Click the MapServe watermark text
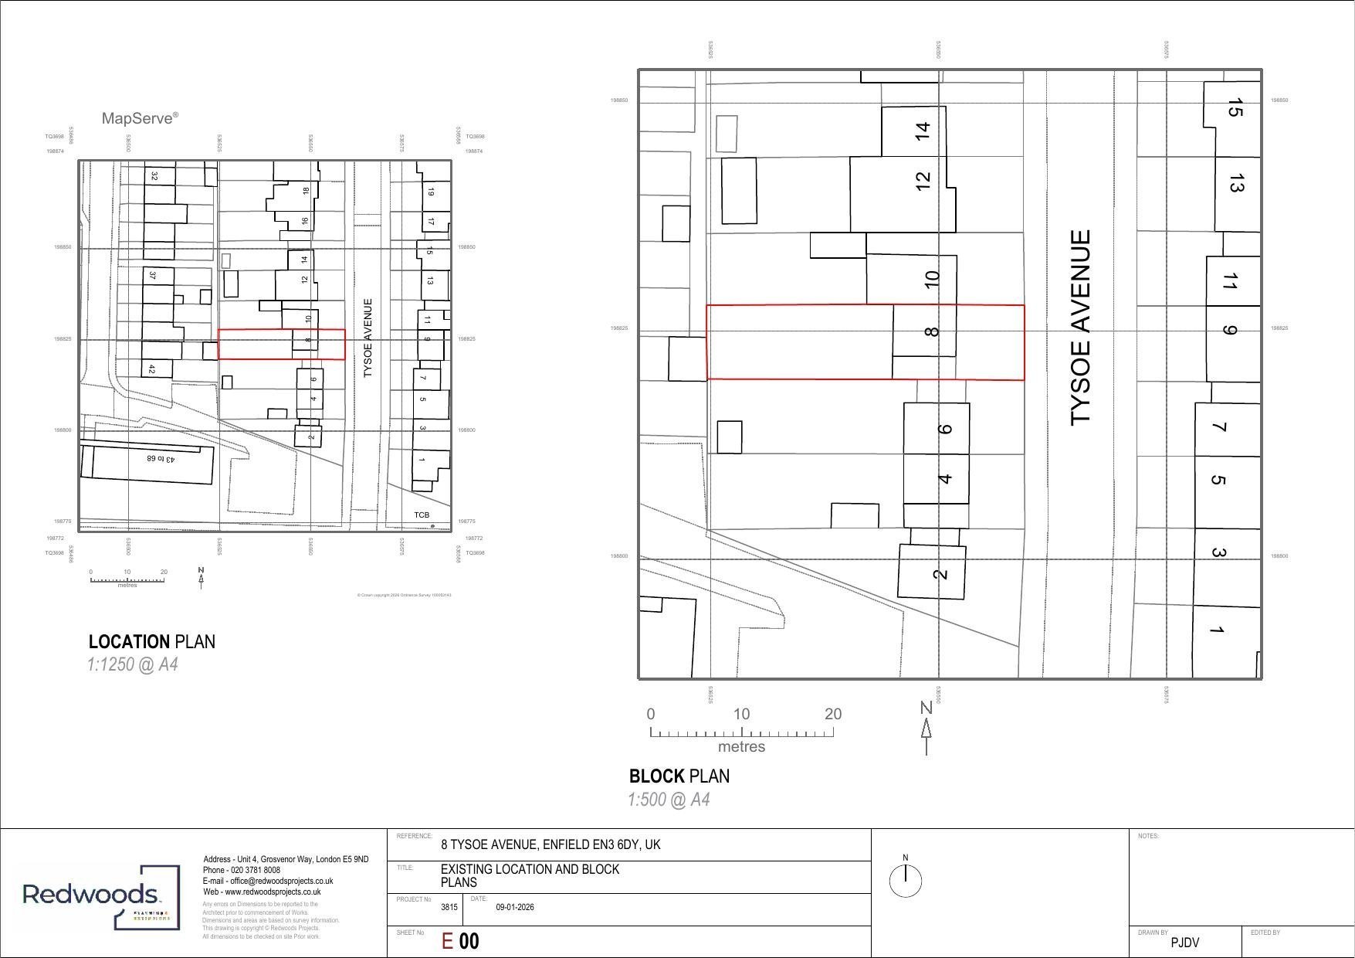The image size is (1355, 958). (x=140, y=118)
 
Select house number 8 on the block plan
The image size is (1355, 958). (x=932, y=331)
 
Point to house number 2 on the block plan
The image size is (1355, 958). (x=940, y=573)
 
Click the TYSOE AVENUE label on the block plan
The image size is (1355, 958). (x=1081, y=327)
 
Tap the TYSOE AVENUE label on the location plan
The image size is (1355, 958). (x=368, y=338)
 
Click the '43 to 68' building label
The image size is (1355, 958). (x=161, y=458)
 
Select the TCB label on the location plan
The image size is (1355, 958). (x=421, y=515)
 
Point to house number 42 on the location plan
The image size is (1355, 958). (x=151, y=370)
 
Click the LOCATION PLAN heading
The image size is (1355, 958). (x=151, y=642)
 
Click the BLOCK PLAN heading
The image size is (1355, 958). (x=679, y=776)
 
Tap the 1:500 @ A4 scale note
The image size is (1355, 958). (x=668, y=800)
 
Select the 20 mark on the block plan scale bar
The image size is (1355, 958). (x=832, y=715)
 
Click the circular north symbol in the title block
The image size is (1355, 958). (x=905, y=880)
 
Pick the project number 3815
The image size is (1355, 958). (x=449, y=908)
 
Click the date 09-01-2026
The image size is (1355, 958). (x=514, y=908)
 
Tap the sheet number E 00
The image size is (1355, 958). (x=460, y=941)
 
